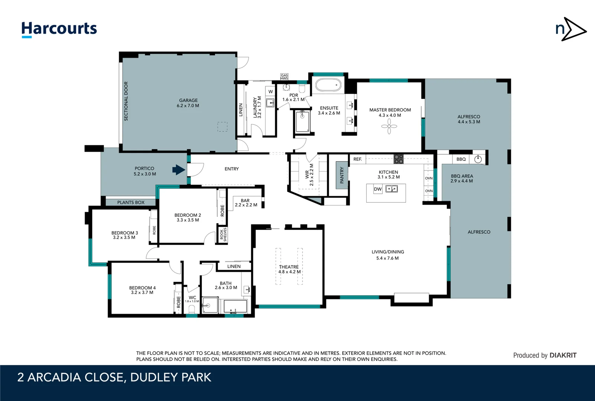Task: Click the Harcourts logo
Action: pyautogui.click(x=59, y=29)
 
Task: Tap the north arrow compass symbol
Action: pyautogui.click(x=571, y=29)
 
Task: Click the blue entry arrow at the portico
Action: pyautogui.click(x=179, y=170)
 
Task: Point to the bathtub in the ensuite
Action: pyautogui.click(x=328, y=85)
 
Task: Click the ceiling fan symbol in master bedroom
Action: pyautogui.click(x=389, y=126)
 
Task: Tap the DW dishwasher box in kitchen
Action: pyautogui.click(x=377, y=189)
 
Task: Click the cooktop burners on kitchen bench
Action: pyautogui.click(x=398, y=159)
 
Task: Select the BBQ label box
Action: pyautogui.click(x=461, y=159)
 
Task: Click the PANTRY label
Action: pyautogui.click(x=342, y=175)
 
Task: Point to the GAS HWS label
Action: pyautogui.click(x=284, y=77)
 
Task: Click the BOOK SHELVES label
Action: pyautogui.click(x=223, y=235)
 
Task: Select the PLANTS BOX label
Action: pyautogui.click(x=131, y=202)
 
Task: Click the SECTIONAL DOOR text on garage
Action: pyautogui.click(x=126, y=101)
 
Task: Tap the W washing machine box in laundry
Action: pyautogui.click(x=271, y=91)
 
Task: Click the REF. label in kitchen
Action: pyautogui.click(x=357, y=159)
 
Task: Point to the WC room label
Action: pyautogui.click(x=192, y=298)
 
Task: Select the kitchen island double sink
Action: pyautogui.click(x=392, y=189)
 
